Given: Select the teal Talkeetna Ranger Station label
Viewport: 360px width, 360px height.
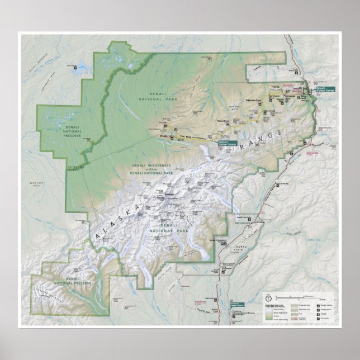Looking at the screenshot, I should click(x=236, y=304).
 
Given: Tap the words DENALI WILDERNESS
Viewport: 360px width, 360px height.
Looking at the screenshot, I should click(x=151, y=166).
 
